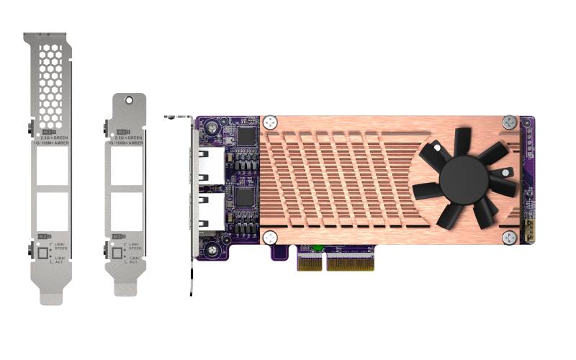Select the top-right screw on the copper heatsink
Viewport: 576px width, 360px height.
(x=510, y=122)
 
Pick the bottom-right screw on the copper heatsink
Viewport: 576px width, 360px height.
(x=510, y=237)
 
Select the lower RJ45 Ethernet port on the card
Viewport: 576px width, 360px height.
(x=209, y=211)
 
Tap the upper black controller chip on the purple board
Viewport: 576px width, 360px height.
(x=246, y=135)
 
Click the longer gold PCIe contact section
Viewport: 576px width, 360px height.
(x=351, y=264)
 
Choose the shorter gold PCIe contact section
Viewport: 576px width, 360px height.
(x=310, y=264)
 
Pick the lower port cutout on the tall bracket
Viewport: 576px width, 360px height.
(x=52, y=211)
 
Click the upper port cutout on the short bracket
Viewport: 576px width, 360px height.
(x=127, y=172)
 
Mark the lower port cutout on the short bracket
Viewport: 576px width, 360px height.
(x=127, y=211)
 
